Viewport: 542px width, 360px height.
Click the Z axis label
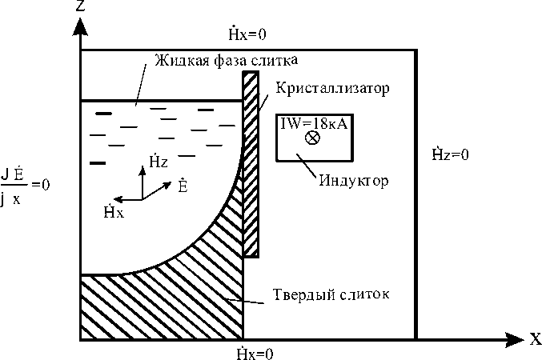(x=80, y=7)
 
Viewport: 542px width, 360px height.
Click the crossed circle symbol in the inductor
(x=313, y=138)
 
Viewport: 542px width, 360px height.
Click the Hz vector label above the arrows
(x=159, y=162)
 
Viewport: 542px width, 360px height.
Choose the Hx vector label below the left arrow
(x=113, y=211)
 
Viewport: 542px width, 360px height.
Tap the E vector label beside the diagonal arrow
(x=183, y=186)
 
